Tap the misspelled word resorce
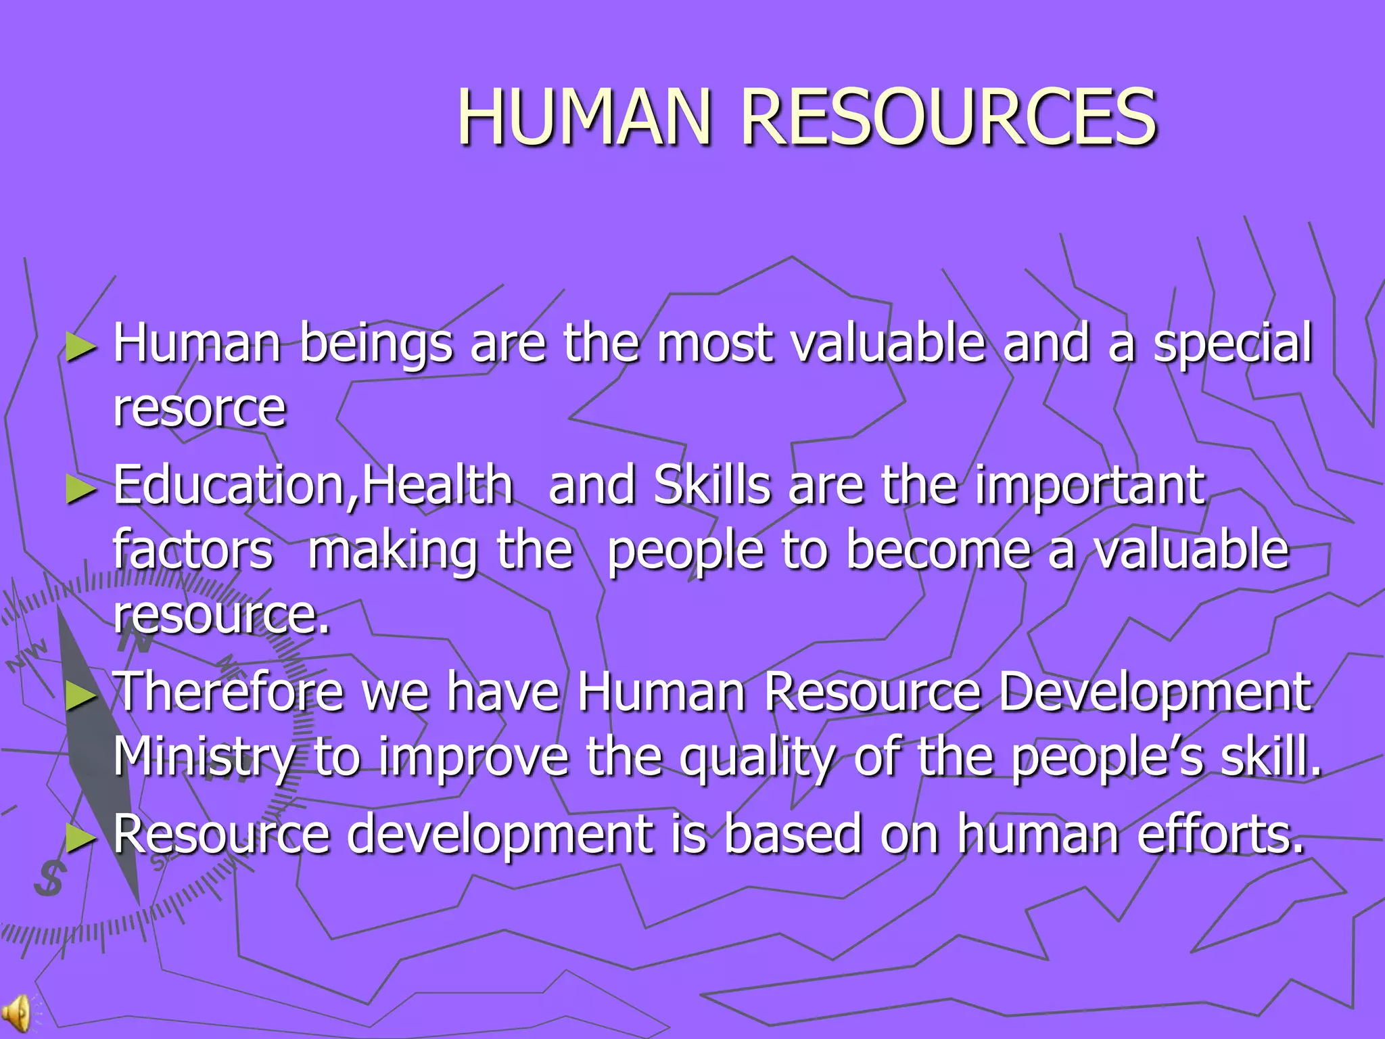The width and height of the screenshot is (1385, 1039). coord(200,408)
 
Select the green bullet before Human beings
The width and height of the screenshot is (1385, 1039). coord(82,348)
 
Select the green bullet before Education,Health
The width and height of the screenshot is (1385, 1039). coord(82,490)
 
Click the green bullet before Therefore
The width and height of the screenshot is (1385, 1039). coord(82,696)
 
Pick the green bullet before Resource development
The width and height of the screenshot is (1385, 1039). coord(82,839)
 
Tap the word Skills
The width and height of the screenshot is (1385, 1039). coord(712,485)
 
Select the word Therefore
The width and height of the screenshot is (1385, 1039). coord(229,692)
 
